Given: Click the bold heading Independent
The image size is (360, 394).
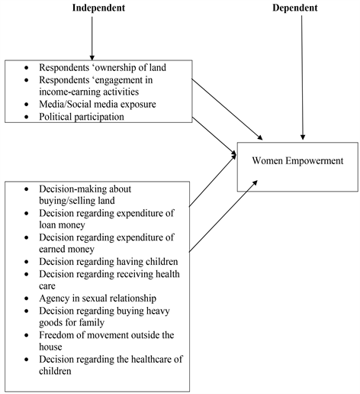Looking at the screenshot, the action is coord(98,8).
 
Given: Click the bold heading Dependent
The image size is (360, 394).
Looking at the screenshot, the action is coord(295,8).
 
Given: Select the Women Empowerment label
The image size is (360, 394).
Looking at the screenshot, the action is coord(297,161).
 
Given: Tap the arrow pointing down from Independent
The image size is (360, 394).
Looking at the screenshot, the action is coord(92,38).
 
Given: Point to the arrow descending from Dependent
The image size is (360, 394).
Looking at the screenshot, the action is coord(302,78).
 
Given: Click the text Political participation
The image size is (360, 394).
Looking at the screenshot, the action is coord(82,117).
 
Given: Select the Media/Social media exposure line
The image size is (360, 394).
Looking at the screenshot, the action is coord(98,104).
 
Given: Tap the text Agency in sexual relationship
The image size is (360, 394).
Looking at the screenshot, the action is coord(98,299).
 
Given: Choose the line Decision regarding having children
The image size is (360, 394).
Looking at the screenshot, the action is coord(108,262).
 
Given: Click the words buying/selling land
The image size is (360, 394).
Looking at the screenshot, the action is coord(77,201).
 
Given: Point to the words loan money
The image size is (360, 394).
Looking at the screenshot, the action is coord(62,224).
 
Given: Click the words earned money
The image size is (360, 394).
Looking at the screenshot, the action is coord(66,249).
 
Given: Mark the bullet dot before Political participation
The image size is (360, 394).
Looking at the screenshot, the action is coord(27,117).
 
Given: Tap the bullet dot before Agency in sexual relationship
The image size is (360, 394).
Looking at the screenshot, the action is coord(27,299).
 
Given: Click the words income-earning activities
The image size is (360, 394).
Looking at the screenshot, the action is coord(89,92).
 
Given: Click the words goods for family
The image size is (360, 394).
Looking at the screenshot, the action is coord(72,322).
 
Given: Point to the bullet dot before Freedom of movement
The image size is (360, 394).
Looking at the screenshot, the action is coord(27,335).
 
